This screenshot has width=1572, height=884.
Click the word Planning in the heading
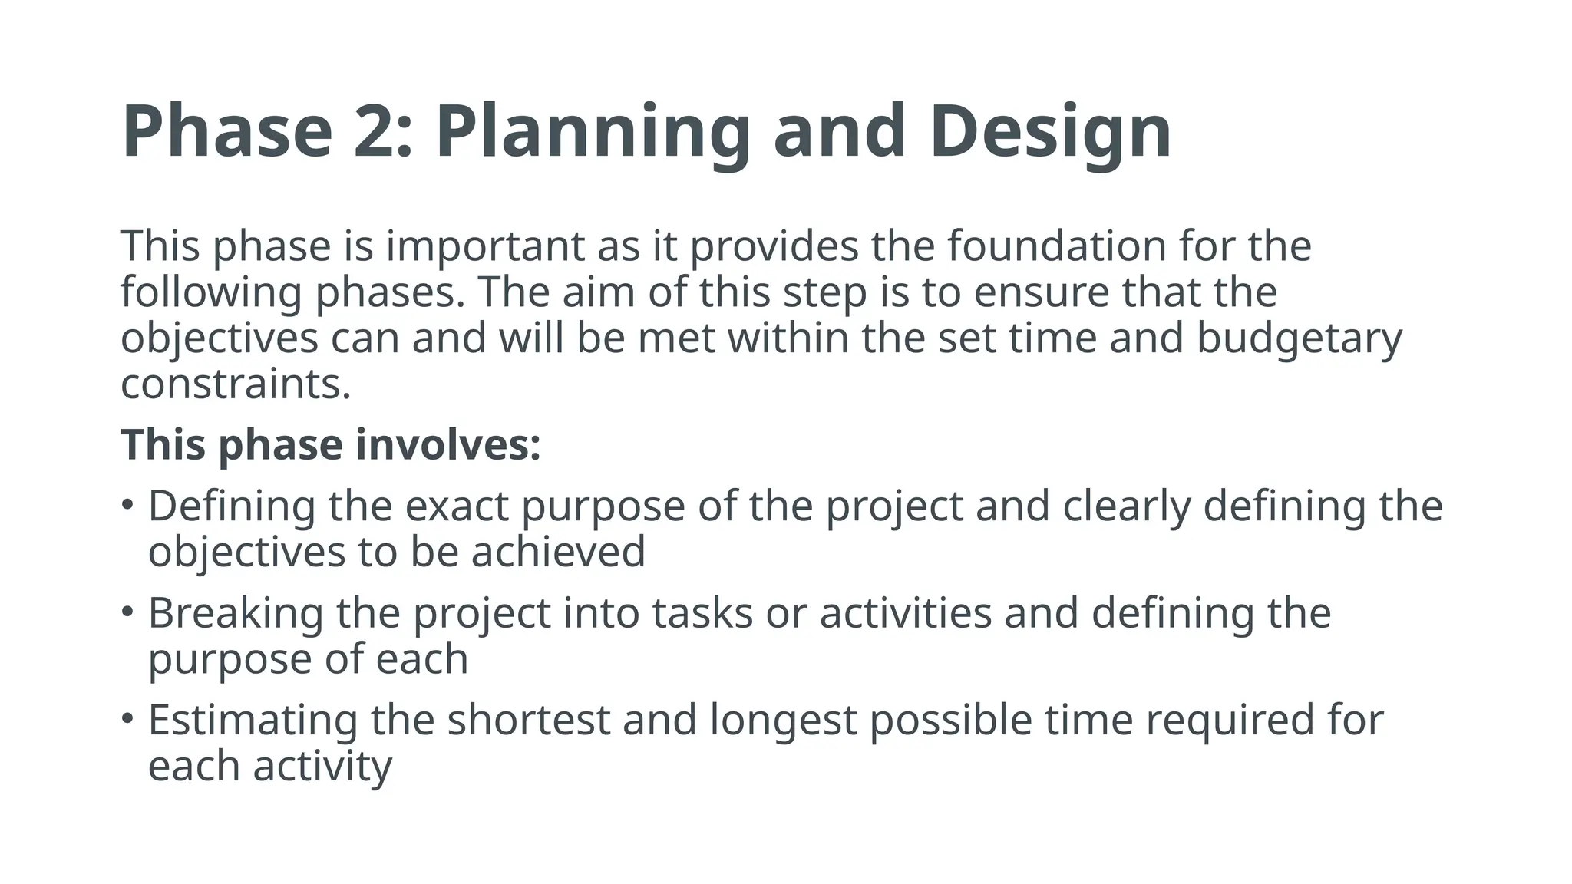click(591, 132)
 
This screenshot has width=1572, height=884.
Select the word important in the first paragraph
click(485, 246)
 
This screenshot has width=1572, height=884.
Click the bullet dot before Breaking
click(127, 612)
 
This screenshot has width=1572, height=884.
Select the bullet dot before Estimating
click(127, 719)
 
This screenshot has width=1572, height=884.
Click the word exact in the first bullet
click(457, 506)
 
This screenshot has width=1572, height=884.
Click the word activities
click(906, 613)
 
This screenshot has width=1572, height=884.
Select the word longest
click(783, 720)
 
